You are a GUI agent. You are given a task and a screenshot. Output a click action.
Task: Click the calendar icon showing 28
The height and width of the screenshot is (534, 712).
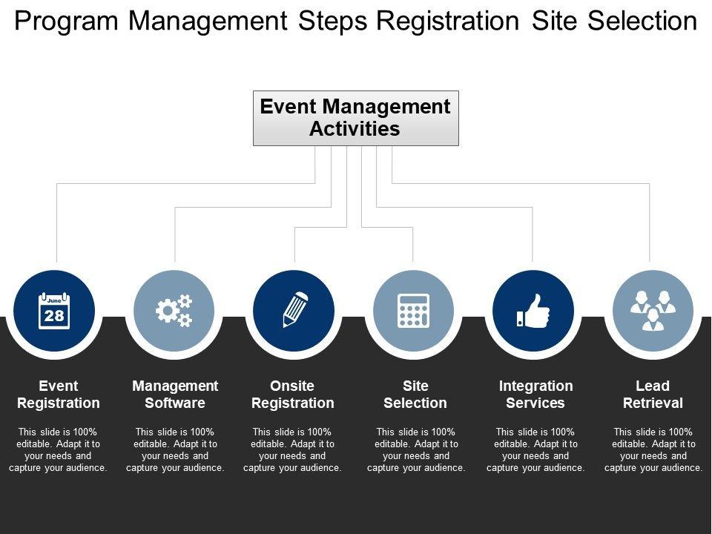coord(54,311)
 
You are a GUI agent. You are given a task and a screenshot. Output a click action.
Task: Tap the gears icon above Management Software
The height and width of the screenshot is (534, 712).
coord(174,311)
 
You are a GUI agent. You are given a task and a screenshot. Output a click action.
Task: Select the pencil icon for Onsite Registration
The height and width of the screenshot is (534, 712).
coord(294,311)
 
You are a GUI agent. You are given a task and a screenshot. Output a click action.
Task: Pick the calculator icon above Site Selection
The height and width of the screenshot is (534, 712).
coord(413,311)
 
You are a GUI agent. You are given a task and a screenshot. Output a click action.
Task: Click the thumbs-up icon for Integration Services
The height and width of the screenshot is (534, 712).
coord(533,311)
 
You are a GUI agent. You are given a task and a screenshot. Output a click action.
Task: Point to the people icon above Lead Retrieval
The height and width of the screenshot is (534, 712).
coord(653,311)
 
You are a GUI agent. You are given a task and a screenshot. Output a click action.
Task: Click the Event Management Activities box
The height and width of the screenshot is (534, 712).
coord(356,118)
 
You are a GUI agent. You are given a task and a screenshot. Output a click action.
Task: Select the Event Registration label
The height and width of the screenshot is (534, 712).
coord(59,395)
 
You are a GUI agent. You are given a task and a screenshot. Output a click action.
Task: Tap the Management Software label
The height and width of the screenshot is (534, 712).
coord(175,395)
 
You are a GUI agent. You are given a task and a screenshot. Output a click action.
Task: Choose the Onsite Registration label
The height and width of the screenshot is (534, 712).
coord(293,395)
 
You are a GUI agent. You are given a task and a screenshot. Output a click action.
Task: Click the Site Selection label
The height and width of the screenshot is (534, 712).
coord(415,395)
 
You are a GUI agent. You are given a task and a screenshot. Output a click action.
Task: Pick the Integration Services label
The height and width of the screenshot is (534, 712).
coord(535,395)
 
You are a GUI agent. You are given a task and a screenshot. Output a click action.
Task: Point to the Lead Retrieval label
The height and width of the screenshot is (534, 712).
coord(653,395)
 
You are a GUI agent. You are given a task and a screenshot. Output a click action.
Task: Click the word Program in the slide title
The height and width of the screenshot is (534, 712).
coord(66,22)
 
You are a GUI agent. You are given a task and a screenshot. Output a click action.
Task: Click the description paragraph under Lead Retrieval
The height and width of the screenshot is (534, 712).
coord(653,450)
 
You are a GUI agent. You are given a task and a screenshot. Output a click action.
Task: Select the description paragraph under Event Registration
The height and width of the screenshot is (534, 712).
coord(59,450)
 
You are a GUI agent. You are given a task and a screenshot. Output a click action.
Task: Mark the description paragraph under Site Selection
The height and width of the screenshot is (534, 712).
coord(416,450)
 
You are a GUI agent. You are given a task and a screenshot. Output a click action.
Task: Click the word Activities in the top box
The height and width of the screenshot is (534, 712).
coord(355,129)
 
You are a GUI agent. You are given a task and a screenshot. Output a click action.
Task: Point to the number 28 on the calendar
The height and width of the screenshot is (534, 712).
coord(54,315)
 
